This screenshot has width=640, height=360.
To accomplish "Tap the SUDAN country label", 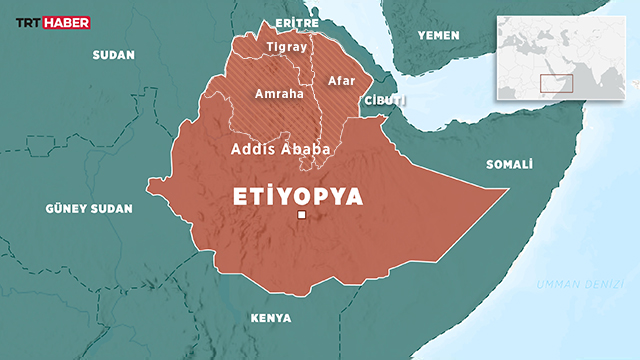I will (x=113, y=55).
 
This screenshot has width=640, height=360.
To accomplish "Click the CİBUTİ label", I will (x=385, y=103).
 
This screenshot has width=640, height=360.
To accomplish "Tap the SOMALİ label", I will (x=509, y=164).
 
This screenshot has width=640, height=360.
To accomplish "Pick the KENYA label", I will (x=271, y=318).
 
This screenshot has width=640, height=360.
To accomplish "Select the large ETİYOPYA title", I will (x=297, y=195).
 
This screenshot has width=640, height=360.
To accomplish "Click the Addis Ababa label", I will (x=281, y=149).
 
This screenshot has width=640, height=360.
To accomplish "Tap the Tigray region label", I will (x=287, y=48).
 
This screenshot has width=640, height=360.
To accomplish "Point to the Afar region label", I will (x=342, y=79).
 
